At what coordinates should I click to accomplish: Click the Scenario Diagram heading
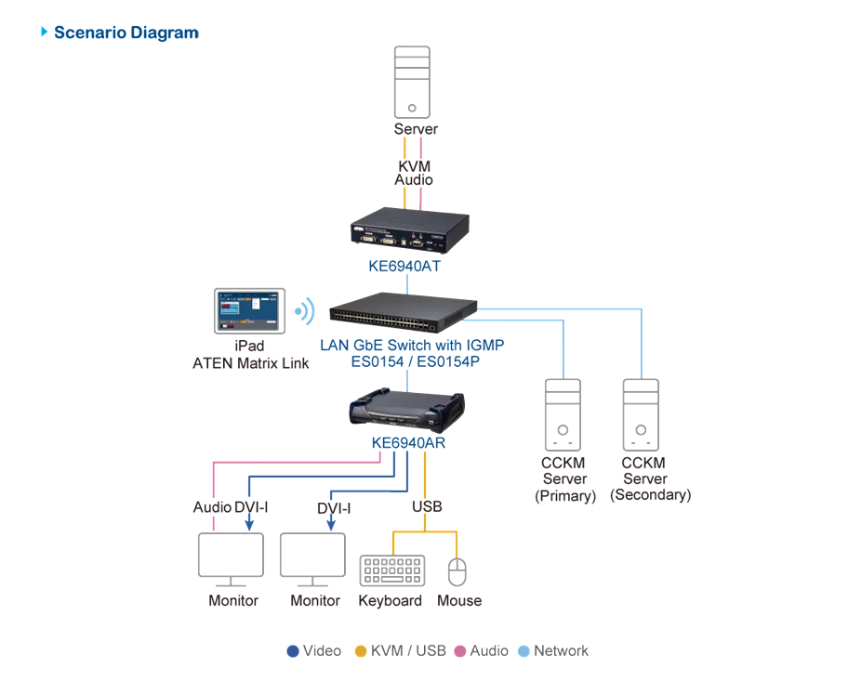coord(126,33)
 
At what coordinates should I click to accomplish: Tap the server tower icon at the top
coord(412,82)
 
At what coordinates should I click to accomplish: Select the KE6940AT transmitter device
coord(409,230)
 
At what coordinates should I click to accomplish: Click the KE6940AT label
coord(404,266)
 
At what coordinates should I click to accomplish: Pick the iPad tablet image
coord(250,311)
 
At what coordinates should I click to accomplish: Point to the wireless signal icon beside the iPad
coord(305,311)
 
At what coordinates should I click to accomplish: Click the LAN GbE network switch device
coord(403,312)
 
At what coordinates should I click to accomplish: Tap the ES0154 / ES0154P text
coord(416,361)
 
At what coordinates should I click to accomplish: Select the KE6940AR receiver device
coord(407,409)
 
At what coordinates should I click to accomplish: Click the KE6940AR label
coord(408,442)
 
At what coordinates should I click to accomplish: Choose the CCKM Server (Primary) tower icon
coord(563,415)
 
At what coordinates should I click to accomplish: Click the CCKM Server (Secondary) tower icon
coord(641,415)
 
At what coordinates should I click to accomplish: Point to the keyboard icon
coord(392,570)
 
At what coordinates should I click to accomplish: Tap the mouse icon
coord(457,571)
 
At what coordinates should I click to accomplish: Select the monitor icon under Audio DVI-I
coord(231,560)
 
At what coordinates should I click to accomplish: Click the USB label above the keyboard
coord(427,506)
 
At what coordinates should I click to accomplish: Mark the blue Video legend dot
coord(293,651)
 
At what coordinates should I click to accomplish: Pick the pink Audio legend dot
coord(460,651)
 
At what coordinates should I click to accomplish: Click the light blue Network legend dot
coord(523,651)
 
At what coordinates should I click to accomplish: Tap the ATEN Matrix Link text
coord(251,363)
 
